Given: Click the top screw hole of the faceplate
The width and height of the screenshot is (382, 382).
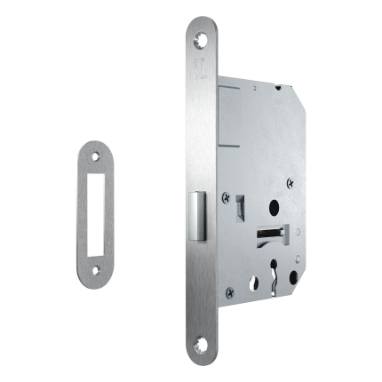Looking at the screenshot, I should coord(201,38).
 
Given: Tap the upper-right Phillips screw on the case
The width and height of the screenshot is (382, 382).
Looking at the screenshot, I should coord(290,182).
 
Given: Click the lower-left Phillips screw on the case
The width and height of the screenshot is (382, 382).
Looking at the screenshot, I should coord(230,290).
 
